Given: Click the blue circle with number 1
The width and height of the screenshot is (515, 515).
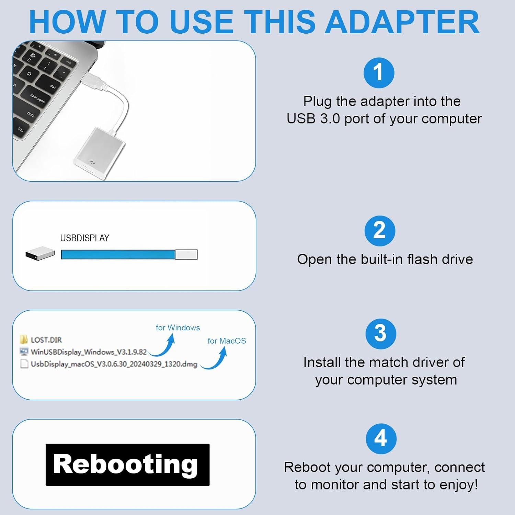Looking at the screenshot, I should [x=379, y=73].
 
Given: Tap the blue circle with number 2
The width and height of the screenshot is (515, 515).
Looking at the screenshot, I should [x=380, y=231].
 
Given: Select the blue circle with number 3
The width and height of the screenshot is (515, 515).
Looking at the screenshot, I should [x=381, y=334].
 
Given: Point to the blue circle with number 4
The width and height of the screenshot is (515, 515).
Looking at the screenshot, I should [x=381, y=439].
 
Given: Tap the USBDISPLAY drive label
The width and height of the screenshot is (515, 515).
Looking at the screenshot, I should [x=84, y=238].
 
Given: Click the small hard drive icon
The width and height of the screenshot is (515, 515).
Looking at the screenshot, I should [x=40, y=254].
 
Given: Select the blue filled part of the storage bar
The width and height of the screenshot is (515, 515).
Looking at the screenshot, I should [x=118, y=254].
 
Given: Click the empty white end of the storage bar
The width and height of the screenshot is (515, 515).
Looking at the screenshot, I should [x=186, y=254].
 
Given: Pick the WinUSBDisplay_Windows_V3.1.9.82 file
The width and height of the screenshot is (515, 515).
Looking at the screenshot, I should [x=88, y=352].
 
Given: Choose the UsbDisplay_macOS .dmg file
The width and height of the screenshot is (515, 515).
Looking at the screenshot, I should [x=113, y=364].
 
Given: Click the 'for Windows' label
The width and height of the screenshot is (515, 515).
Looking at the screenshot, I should [x=178, y=328].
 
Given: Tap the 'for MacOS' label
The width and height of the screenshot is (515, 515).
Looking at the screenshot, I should [x=227, y=341].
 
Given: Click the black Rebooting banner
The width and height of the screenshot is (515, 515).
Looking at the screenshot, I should [x=127, y=465].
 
